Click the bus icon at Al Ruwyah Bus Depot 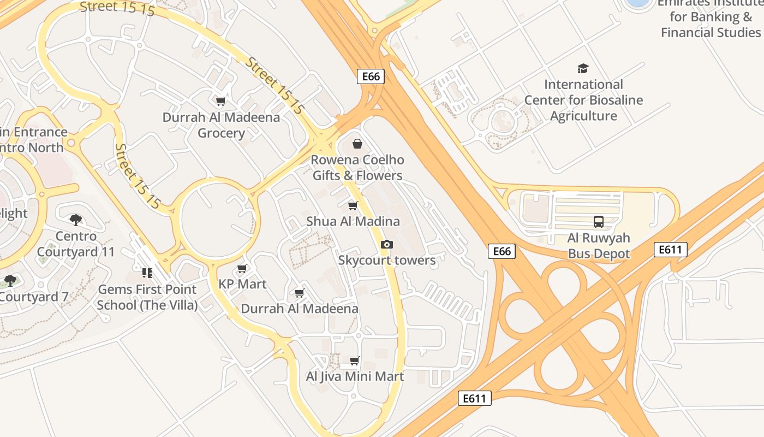[x=599, y=222]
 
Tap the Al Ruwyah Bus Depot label [x=599, y=246]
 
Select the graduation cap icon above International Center [x=583, y=69]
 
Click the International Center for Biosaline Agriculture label [x=583, y=100]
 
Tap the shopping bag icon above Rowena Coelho [x=357, y=144]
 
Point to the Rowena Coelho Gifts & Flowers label [x=357, y=168]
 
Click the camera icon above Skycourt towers [x=387, y=244]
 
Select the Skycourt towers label [x=387, y=260]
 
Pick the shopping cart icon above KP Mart [x=242, y=269]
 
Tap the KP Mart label [x=242, y=284]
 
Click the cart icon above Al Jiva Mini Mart [x=355, y=361]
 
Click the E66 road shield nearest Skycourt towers [x=501, y=251]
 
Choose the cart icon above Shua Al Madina [x=353, y=206]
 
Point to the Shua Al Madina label [x=353, y=221]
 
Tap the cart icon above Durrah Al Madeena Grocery [x=221, y=101]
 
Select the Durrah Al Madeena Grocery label [x=221, y=125]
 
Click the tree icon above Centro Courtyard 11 [x=76, y=220]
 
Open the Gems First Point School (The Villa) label [x=147, y=297]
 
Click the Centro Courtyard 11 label [x=76, y=244]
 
